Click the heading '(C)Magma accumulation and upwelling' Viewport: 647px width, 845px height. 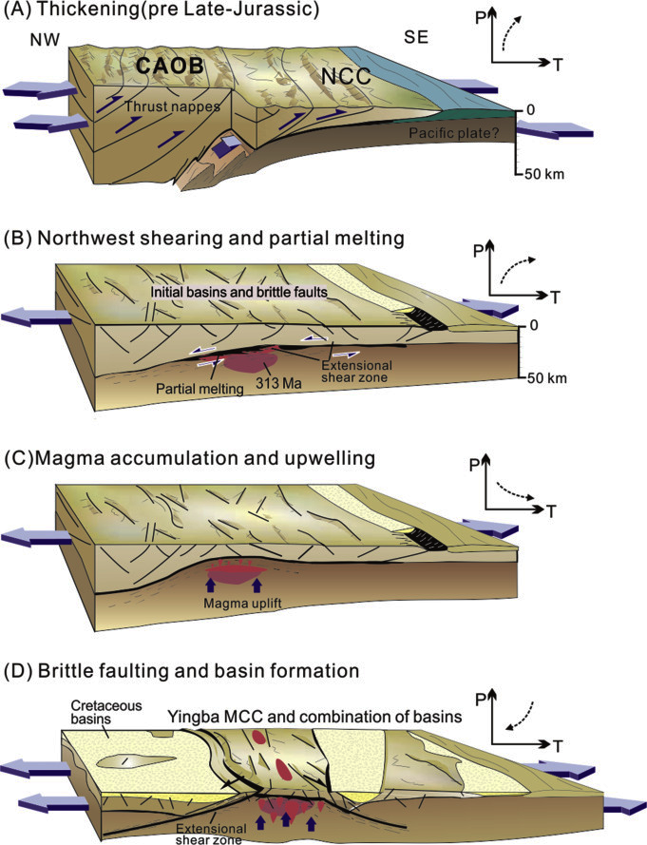click(191, 457)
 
